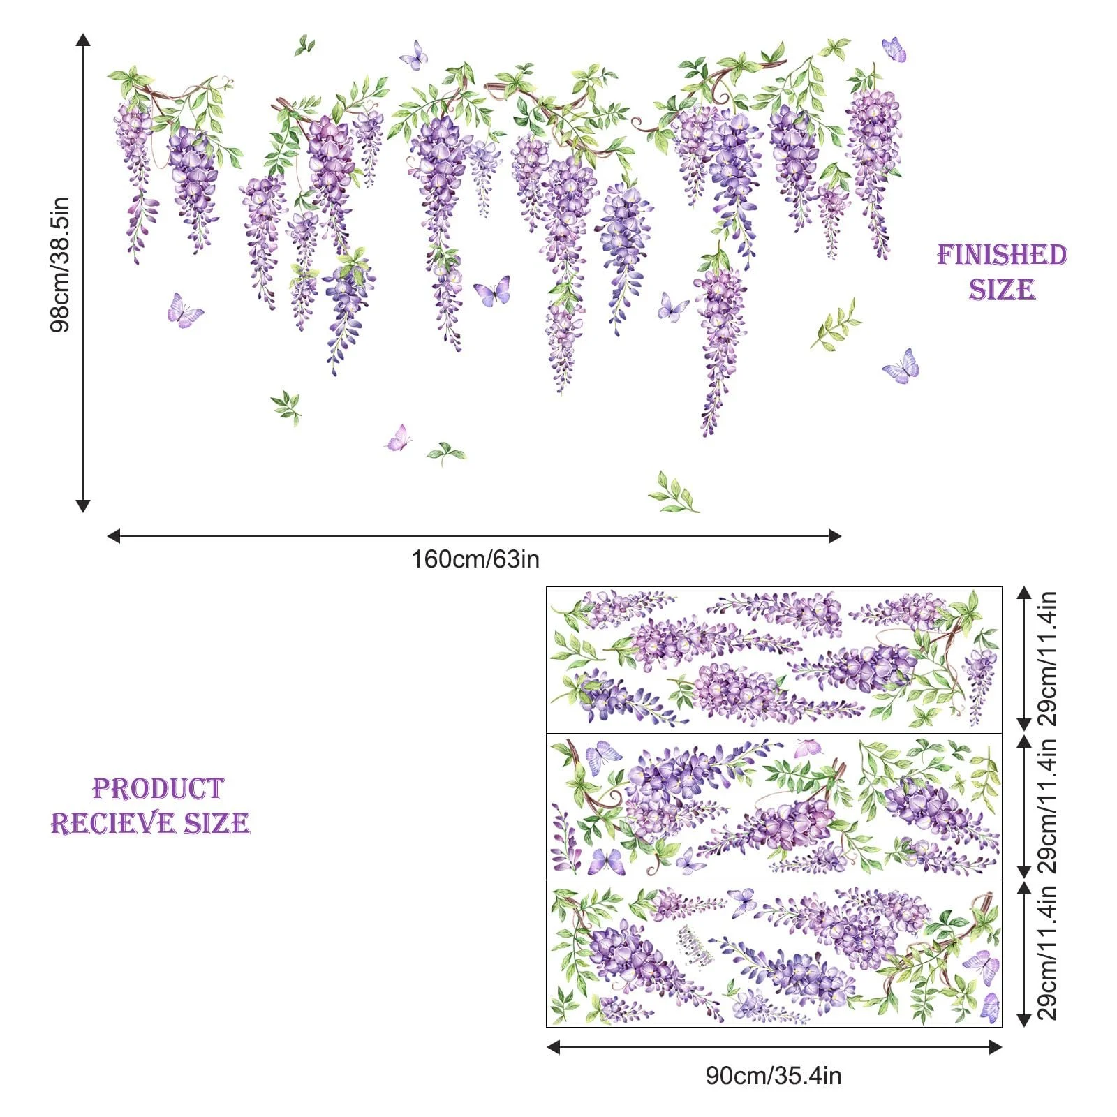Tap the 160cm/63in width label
(x=475, y=559)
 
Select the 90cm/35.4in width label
(x=774, y=1076)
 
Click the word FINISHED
(x=1002, y=256)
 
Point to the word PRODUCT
(x=158, y=789)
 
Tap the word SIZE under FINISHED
(x=1002, y=290)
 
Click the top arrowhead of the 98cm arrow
(x=83, y=39)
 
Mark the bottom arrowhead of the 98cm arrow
(x=83, y=505)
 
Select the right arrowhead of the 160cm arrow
(x=834, y=536)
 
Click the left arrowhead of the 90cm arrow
(x=553, y=1046)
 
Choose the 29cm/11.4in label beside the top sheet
(x=1047, y=660)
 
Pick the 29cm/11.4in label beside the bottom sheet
(x=1047, y=953)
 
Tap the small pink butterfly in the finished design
(x=398, y=438)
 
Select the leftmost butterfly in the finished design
(x=184, y=311)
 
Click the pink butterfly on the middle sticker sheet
(x=808, y=748)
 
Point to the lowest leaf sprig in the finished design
(x=674, y=493)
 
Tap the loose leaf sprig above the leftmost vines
(x=304, y=45)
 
